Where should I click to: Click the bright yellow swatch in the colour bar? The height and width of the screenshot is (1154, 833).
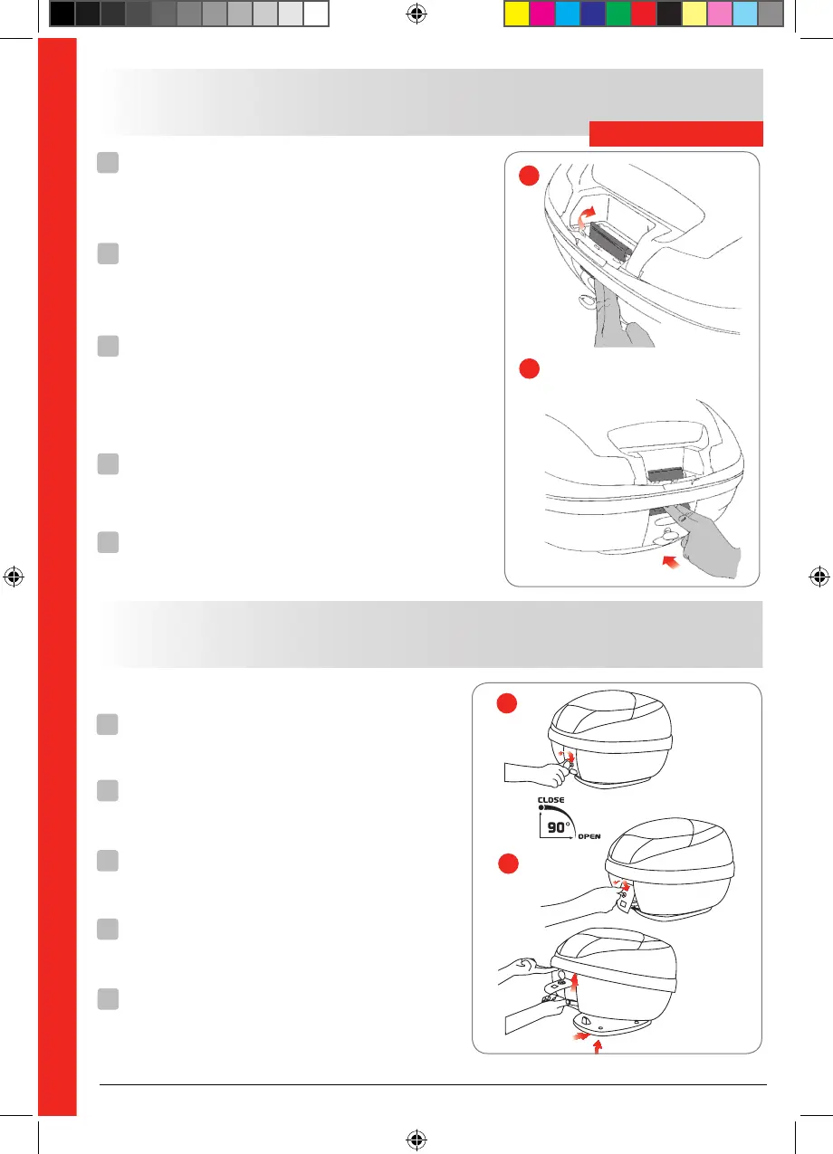click(515, 14)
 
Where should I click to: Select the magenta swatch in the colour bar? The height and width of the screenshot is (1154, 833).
click(541, 14)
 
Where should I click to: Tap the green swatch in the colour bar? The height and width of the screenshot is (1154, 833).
click(617, 14)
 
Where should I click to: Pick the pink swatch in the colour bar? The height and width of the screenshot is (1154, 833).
click(718, 14)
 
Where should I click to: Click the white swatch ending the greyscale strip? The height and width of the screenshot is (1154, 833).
click(315, 14)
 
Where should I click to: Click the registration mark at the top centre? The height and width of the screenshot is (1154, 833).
click(416, 13)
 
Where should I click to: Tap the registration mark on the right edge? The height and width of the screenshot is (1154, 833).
click(819, 576)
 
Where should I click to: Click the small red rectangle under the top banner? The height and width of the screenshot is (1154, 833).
click(676, 134)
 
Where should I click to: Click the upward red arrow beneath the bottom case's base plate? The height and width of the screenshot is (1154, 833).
click(597, 1047)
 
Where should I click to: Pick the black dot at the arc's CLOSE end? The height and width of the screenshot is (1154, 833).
click(541, 808)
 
